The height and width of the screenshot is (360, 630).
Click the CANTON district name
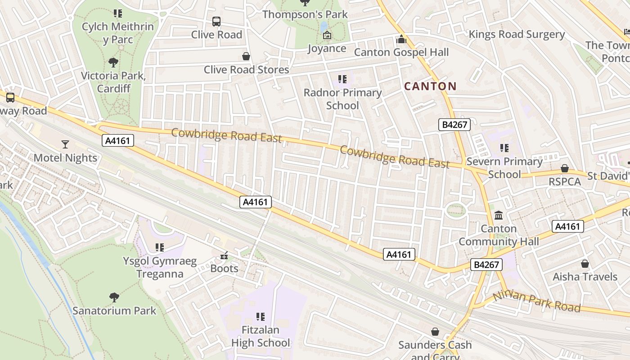(x=430, y=86)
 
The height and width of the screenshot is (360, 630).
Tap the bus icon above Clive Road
(x=216, y=21)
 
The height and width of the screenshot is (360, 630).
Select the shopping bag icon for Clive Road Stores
(x=246, y=56)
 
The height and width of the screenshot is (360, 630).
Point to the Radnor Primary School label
(x=342, y=99)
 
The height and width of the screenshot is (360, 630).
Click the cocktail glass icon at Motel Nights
(x=65, y=144)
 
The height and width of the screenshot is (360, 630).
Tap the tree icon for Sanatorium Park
(x=114, y=297)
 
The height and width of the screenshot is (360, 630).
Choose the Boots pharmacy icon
(x=224, y=256)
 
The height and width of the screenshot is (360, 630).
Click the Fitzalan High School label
(x=261, y=336)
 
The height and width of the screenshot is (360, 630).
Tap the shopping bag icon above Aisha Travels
(x=585, y=263)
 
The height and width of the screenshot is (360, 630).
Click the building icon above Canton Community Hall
(x=499, y=216)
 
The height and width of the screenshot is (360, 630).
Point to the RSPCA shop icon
(x=564, y=168)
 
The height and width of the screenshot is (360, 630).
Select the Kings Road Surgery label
(x=517, y=34)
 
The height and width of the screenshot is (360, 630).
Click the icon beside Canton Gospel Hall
(x=401, y=39)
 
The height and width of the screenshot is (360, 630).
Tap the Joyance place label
(x=327, y=48)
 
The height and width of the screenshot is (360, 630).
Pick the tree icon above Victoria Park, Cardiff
(x=113, y=62)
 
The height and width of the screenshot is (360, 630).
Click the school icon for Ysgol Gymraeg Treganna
(x=159, y=247)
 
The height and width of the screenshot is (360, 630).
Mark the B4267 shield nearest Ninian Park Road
(x=486, y=265)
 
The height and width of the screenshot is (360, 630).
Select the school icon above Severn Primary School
(x=504, y=148)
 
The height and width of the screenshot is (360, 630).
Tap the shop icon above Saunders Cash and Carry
(x=435, y=332)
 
